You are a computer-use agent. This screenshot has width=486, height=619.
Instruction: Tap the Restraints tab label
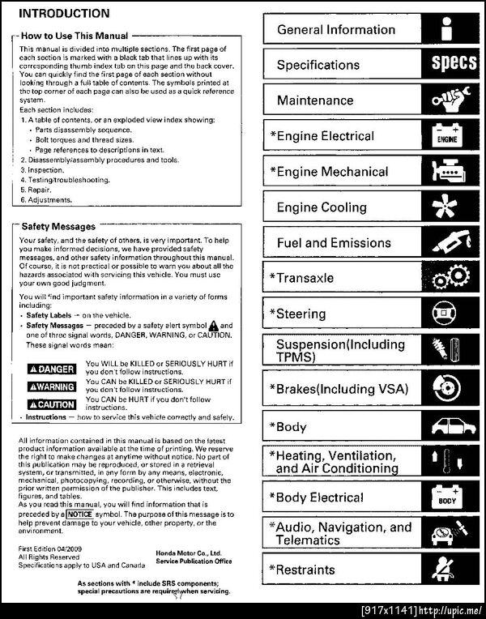pos(305,570)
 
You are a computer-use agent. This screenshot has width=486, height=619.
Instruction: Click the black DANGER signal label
pos(51,369)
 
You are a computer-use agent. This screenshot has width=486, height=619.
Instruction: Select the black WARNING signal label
pos(51,386)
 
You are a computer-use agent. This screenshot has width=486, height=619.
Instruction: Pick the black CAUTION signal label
pos(51,403)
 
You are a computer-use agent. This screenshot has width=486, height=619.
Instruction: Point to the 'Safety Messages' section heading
pos(58,226)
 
